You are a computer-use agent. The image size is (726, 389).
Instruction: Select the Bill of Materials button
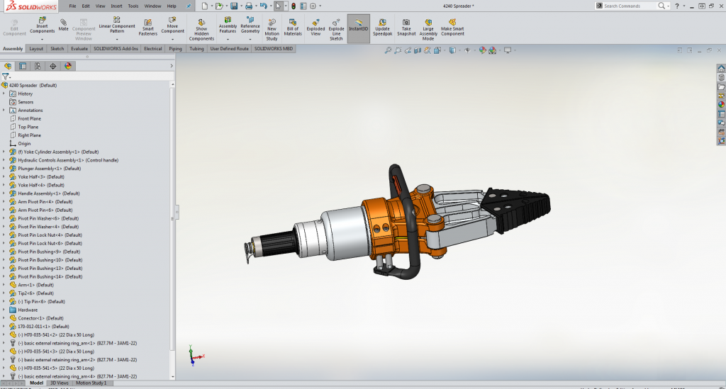[x=293, y=27]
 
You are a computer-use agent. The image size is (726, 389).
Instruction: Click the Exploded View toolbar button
[x=315, y=27]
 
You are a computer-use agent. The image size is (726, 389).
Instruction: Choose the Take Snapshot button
[x=406, y=27]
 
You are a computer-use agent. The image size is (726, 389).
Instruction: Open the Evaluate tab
[x=79, y=49]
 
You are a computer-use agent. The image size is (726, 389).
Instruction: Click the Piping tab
[x=175, y=49]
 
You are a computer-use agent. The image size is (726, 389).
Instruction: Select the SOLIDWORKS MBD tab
[x=273, y=49]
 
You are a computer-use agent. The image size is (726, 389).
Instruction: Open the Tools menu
[x=133, y=6]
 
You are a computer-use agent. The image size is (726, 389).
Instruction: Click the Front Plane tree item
[x=29, y=118]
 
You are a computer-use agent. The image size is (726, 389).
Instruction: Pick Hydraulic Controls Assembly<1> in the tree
[x=68, y=160]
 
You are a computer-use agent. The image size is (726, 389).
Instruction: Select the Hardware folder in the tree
[x=28, y=310]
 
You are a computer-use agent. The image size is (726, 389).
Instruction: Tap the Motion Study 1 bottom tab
[x=91, y=383]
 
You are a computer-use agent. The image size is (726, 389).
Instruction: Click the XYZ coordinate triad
[x=193, y=355]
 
